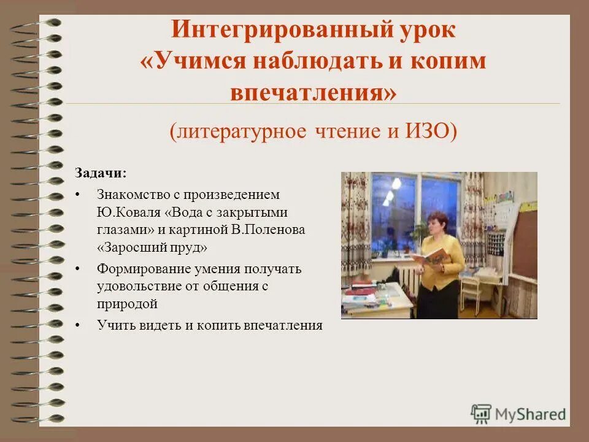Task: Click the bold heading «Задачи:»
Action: pos(101,173)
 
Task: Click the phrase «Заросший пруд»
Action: pos(153,247)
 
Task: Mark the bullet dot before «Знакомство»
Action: pos(77,195)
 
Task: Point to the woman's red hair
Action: pos(439,218)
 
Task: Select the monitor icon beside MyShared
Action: pos(481,413)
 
